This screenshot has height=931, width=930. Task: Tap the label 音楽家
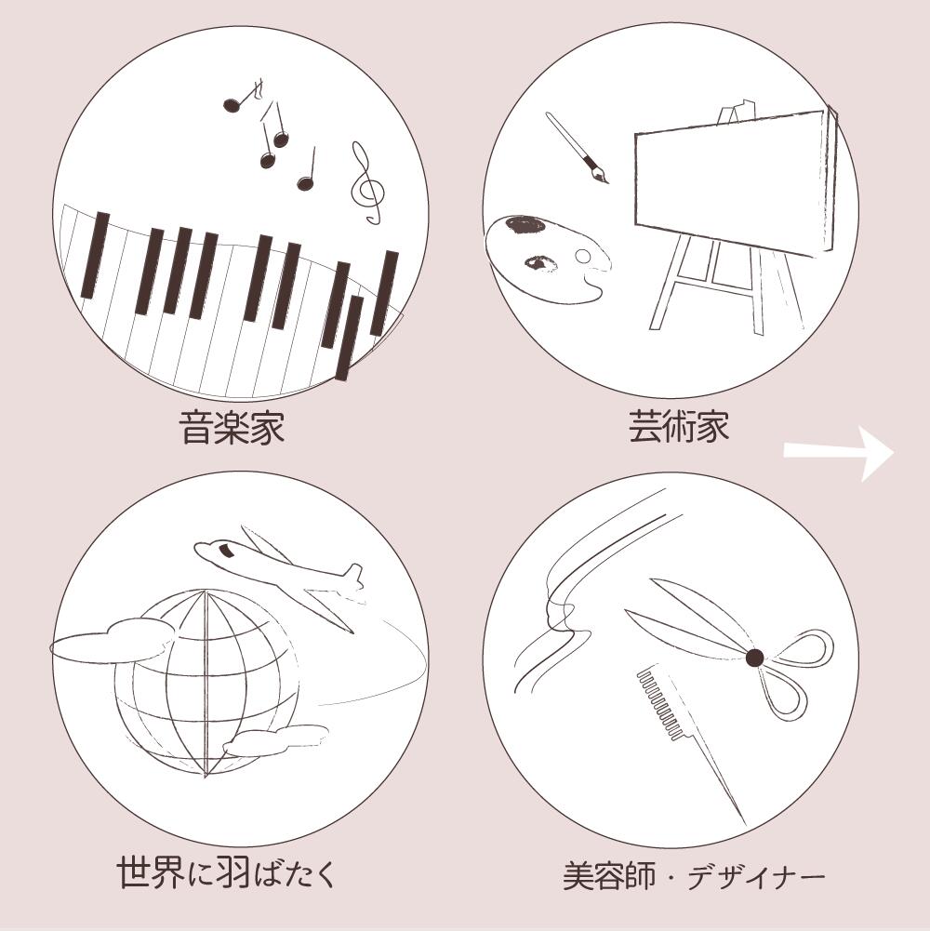tap(232, 428)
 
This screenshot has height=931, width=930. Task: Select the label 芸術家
tap(679, 426)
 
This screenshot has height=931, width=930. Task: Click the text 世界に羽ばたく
tap(227, 871)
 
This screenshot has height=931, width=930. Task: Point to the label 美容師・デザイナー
tap(694, 876)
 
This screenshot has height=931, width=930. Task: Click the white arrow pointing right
tap(839, 453)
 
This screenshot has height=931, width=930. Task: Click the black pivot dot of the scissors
tap(755, 658)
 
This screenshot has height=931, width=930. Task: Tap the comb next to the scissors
tap(689, 742)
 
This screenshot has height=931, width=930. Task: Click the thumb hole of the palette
tap(583, 257)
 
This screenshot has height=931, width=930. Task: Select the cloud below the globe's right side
tap(276, 739)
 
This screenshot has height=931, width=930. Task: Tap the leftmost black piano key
tap(95, 255)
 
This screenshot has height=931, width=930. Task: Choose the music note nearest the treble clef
tap(307, 172)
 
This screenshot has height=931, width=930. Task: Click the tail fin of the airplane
tap(353, 576)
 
